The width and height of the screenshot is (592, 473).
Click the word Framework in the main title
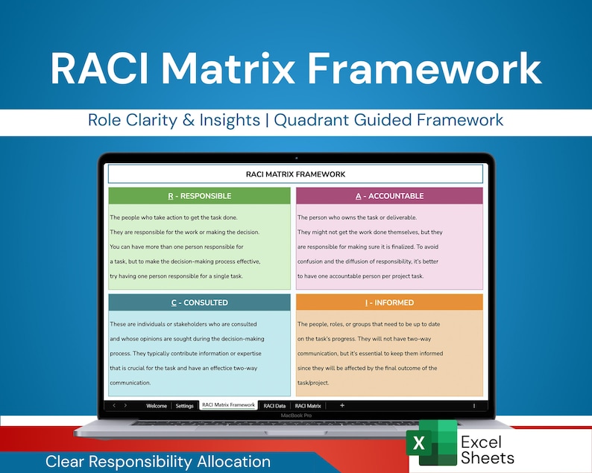[424, 69]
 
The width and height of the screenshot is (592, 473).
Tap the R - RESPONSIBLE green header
[199, 196]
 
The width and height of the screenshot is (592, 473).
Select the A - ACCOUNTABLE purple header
[389, 196]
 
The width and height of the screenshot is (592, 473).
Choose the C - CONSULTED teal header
[199, 302]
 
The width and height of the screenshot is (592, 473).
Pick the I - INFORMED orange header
[389, 302]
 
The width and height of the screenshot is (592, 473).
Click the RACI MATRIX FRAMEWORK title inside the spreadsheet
[295, 174]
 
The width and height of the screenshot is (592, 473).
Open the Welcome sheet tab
[157, 406]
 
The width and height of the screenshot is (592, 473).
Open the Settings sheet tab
[185, 406]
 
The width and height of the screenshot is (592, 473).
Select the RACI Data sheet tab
[275, 406]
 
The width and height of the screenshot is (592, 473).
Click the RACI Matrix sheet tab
[308, 406]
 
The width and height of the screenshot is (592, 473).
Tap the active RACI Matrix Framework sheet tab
[228, 406]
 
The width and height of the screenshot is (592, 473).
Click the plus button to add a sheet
[342, 405]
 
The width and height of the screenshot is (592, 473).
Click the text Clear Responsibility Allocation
[158, 462]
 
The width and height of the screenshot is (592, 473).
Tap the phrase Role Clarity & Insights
[176, 120]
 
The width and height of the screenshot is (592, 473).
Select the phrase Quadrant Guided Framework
[388, 120]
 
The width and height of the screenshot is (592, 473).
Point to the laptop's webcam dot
[296, 158]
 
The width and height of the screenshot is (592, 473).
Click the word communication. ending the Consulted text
[130, 383]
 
